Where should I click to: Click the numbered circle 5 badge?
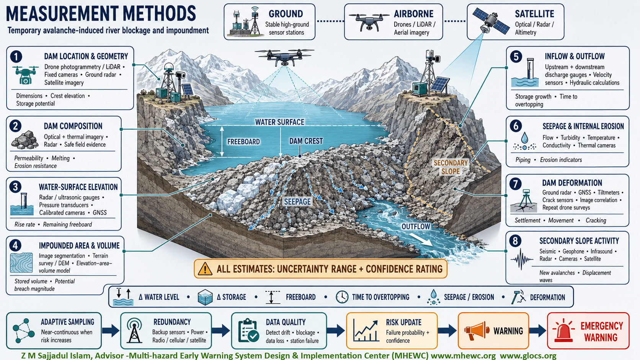[x=516, y=57]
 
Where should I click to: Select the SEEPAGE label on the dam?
[x=297, y=202]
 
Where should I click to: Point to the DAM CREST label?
[x=306, y=141]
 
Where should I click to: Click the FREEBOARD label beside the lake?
[x=243, y=142]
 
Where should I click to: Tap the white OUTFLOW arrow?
[x=421, y=239]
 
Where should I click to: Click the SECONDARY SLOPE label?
[x=451, y=167]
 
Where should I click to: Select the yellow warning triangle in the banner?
[x=205, y=269]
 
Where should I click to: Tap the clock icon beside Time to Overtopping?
[x=342, y=297]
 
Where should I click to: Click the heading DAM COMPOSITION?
[x=73, y=126]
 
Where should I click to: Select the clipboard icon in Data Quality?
[x=248, y=330]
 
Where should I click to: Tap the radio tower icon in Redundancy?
[x=134, y=331]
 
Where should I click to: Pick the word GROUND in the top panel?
[x=286, y=14]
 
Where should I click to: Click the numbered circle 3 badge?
[x=15, y=187]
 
